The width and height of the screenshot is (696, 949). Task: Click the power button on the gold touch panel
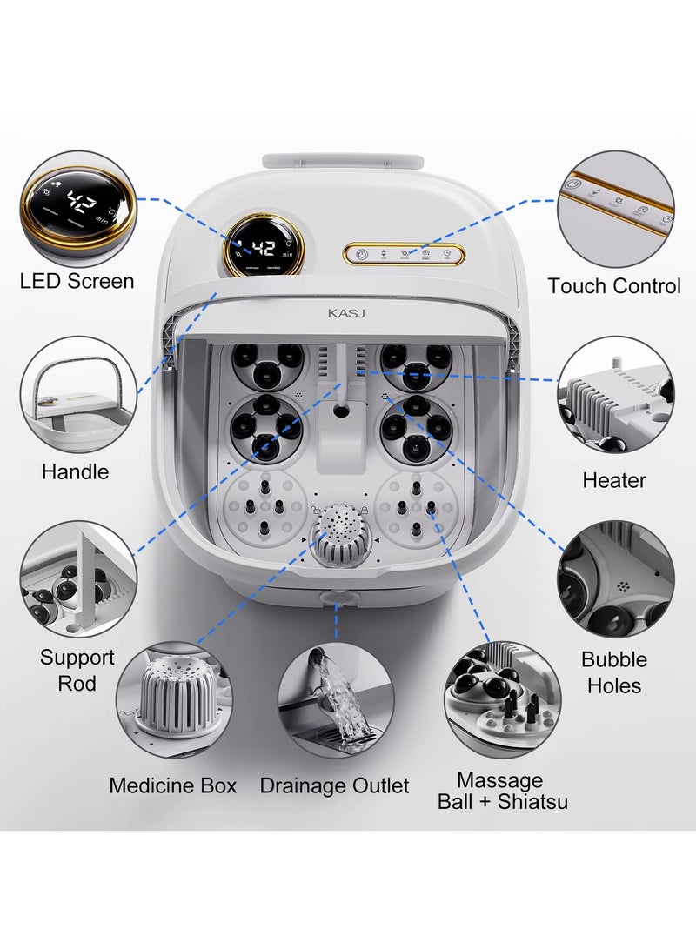(x=359, y=254)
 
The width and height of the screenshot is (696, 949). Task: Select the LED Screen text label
(x=77, y=281)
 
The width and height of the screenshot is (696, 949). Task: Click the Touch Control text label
(x=613, y=285)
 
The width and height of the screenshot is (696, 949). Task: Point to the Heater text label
(x=614, y=480)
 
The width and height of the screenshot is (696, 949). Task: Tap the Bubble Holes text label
(x=614, y=672)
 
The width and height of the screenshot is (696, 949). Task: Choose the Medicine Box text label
(x=172, y=785)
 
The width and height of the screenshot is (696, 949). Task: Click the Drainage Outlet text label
(x=334, y=785)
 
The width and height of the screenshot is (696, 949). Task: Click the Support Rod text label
(x=77, y=670)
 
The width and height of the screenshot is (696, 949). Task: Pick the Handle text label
(x=76, y=472)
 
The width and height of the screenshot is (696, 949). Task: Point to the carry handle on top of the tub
(x=343, y=163)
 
